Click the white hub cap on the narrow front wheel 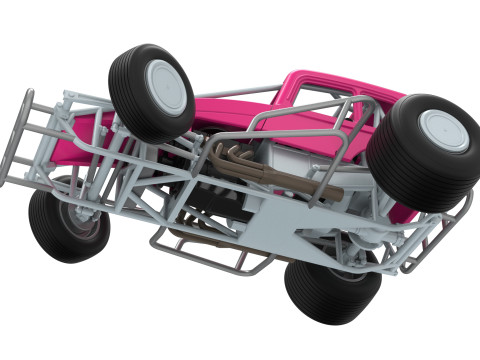(166, 87)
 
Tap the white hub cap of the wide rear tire (443, 130)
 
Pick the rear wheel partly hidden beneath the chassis (330, 290)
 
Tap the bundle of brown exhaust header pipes (240, 160)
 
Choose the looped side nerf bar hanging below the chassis (210, 250)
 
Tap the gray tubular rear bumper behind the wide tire (440, 235)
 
